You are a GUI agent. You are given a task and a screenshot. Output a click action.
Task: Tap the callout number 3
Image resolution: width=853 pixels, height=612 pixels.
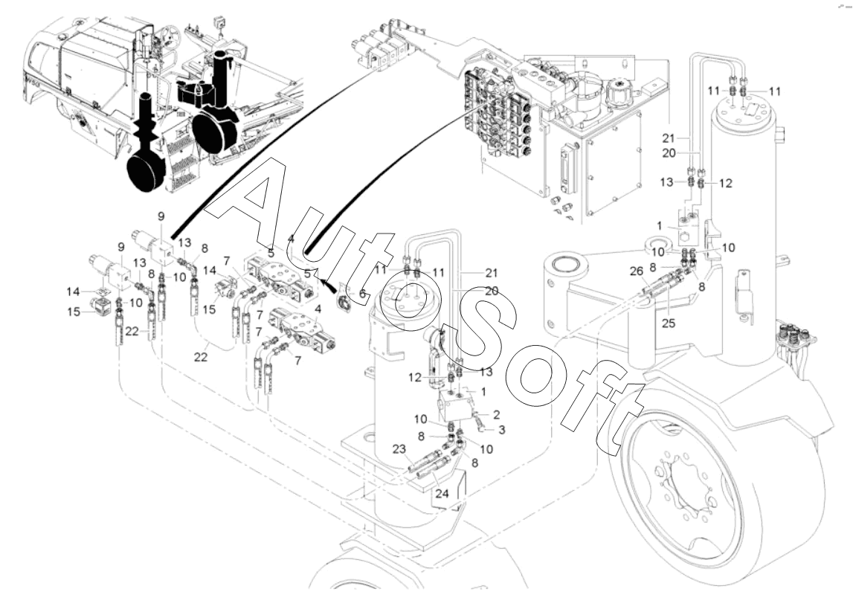pos(501,430)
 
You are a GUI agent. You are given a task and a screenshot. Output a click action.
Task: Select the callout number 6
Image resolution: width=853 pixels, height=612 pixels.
pos(362,294)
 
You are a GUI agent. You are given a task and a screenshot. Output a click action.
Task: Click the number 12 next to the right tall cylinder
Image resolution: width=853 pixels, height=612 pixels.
pos(726,183)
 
